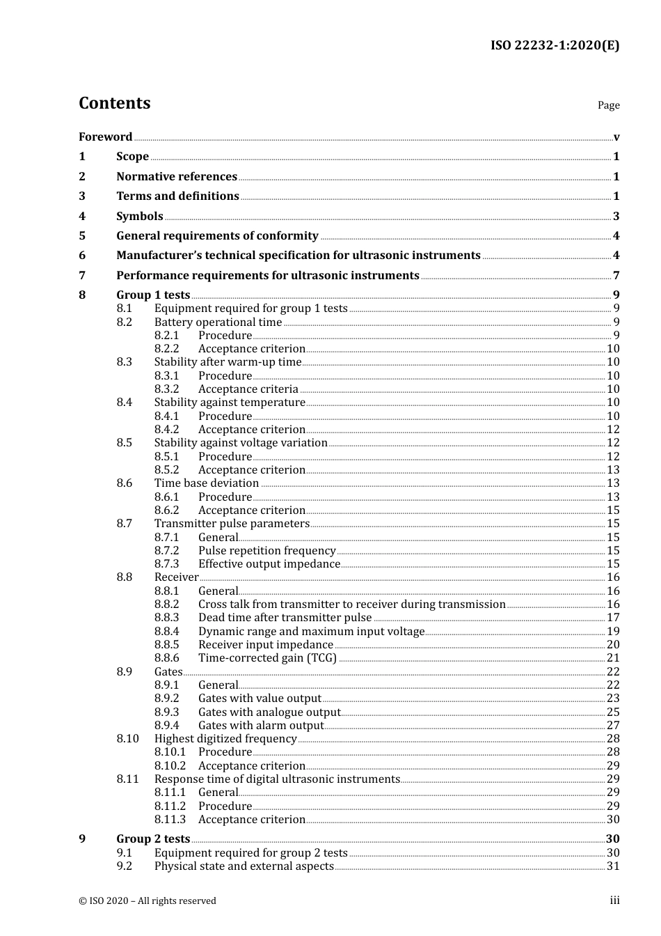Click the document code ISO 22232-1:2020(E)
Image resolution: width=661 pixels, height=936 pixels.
pos(555,45)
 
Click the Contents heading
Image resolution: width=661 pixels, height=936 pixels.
pos(114,103)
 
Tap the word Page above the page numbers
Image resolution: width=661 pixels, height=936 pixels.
pos(608,105)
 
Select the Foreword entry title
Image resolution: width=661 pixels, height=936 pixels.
pos(105,136)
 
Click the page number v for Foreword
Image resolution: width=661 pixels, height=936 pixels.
pos(616,137)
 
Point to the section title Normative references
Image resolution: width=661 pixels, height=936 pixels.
pos(177,176)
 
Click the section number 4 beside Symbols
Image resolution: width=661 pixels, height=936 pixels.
pos(82,216)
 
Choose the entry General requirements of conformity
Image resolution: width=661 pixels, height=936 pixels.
pos(217,235)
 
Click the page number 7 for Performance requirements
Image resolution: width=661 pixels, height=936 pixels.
pos(616,275)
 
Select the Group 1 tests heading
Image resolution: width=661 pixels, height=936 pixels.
pos(153,295)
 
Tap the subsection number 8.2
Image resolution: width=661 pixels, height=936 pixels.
pos(125,322)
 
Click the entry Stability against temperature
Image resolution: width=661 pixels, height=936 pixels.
pos(230,402)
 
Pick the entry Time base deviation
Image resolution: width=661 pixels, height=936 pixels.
pos(207,483)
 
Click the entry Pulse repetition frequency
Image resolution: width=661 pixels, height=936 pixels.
pos(266,550)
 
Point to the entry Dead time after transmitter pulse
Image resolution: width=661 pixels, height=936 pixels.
pos(285,617)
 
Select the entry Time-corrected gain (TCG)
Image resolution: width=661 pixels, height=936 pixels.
pos(267,657)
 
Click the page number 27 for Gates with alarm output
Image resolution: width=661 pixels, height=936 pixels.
pos(613,725)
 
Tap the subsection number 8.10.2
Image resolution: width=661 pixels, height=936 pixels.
pos(170,765)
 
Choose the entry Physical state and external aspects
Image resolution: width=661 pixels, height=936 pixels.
pos(244,866)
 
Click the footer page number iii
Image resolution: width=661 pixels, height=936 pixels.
pos(614,900)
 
